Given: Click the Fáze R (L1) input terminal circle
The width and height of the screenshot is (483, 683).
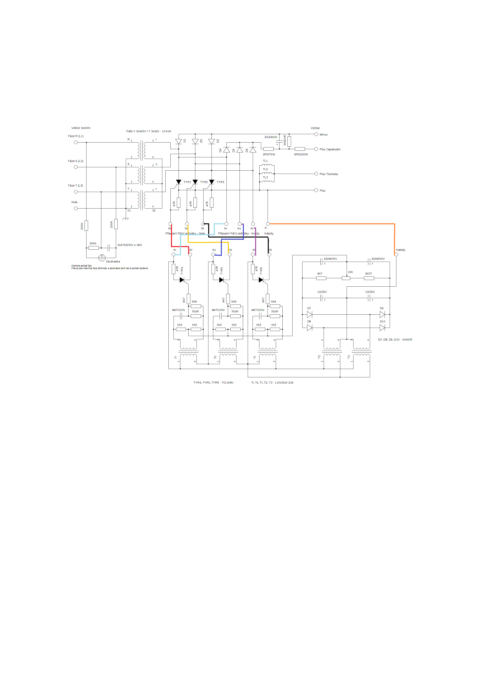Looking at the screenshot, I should click(x=76, y=143).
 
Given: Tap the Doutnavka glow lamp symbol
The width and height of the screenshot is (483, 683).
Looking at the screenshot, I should click(x=102, y=257).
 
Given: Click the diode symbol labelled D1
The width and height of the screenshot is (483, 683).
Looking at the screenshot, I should click(x=179, y=142).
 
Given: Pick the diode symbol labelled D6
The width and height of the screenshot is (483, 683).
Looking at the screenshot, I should click(x=253, y=150).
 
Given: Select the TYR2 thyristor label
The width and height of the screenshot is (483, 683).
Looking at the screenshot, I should click(x=204, y=182).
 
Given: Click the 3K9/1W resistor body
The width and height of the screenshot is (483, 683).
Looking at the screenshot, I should click(x=289, y=142).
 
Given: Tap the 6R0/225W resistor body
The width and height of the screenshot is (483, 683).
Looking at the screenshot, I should click(x=300, y=149).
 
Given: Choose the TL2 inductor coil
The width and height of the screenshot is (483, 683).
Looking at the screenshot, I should click(x=267, y=173).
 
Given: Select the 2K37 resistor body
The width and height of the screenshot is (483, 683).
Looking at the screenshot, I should click(x=369, y=278).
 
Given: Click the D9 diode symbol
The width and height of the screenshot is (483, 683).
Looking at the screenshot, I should click(x=382, y=315).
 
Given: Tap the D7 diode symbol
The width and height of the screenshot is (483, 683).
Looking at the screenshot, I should click(x=309, y=315).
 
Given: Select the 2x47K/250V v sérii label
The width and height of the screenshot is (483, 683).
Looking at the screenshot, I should click(x=130, y=245).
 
